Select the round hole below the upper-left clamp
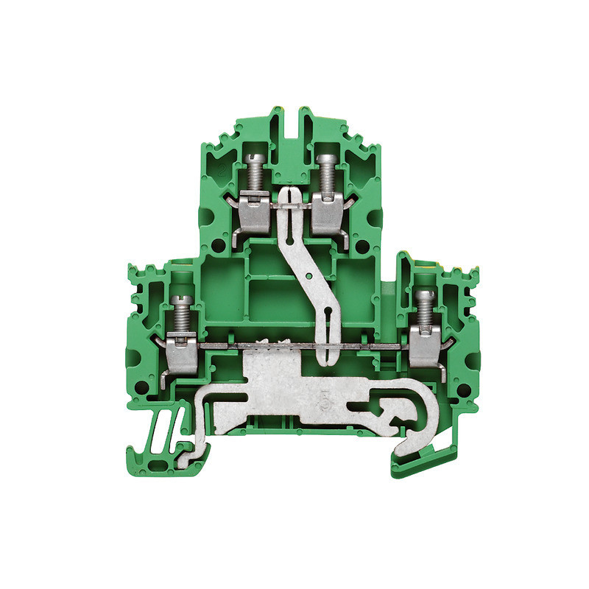pos(219,243)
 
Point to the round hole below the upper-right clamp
pos(361,242)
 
